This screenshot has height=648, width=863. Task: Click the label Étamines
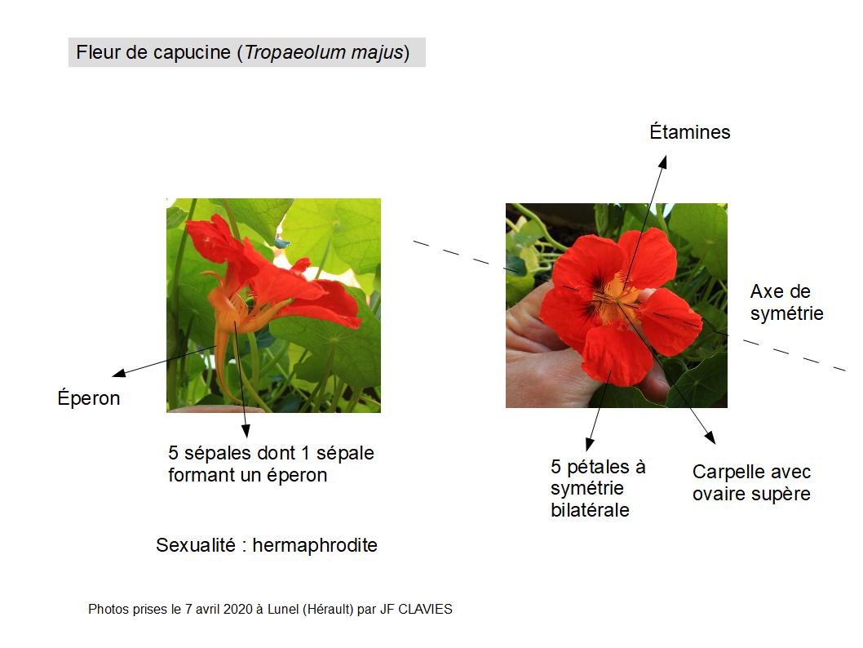click(689, 132)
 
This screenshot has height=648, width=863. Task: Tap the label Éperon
click(89, 398)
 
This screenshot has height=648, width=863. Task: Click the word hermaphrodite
click(315, 545)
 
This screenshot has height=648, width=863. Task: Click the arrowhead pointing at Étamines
click(663, 162)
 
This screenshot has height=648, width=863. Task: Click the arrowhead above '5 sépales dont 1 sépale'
click(246, 431)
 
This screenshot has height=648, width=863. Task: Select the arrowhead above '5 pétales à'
click(590, 444)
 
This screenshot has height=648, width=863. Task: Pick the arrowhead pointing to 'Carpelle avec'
click(710, 437)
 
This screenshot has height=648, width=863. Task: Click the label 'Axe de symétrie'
click(786, 302)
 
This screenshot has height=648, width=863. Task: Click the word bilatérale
click(590, 510)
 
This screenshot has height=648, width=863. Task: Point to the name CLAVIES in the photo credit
click(425, 609)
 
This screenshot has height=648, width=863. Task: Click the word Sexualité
click(196, 545)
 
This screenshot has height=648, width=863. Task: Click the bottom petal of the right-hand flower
click(617, 355)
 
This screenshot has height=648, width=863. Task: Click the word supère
click(784, 495)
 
